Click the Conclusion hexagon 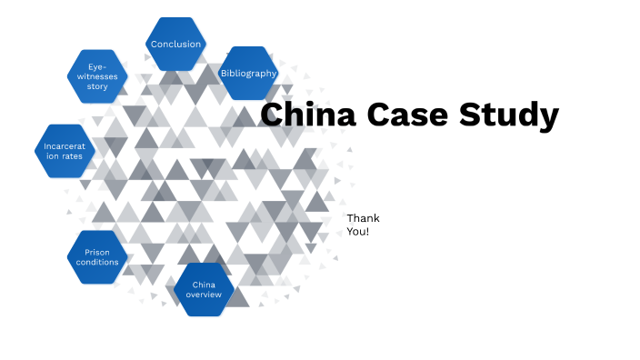tap(176, 44)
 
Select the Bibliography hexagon tap(248, 73)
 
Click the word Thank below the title tap(363, 218)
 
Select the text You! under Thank tap(358, 232)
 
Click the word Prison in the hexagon tap(97, 251)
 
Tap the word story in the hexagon tap(97, 87)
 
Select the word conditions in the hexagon tap(97, 262)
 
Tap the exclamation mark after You tap(367, 232)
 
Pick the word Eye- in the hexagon tap(97, 66)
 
